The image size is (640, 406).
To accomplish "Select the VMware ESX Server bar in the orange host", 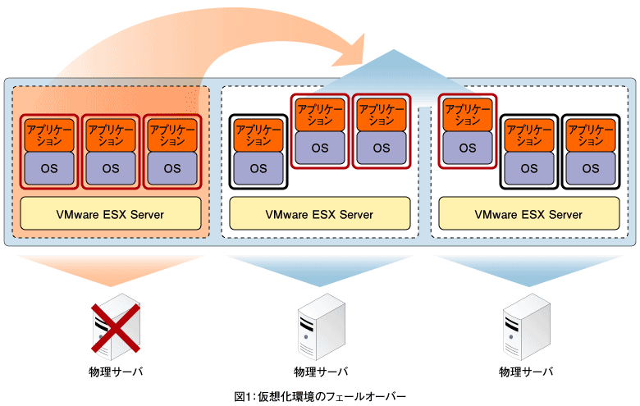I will coord(111,214).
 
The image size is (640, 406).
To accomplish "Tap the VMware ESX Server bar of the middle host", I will coord(319,214).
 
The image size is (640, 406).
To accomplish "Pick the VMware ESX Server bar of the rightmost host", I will coord(528,214).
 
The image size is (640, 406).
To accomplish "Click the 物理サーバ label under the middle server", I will coord(321,372).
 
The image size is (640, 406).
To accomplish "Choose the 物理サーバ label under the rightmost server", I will coord(526,372).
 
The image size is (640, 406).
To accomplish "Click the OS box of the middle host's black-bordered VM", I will coord(258,169).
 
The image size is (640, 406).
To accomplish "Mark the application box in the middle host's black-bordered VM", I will coord(258,135).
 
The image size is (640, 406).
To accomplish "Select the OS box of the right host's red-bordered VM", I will coord(467,148).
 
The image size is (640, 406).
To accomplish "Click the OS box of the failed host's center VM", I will coord(111,169).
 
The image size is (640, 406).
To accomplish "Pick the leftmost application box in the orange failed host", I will coord(49,135).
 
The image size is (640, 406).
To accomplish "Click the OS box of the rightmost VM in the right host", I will coord(590,169).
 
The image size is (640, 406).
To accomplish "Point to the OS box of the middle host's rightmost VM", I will coord(381,148).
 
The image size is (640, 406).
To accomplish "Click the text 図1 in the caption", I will coord(241,396).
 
